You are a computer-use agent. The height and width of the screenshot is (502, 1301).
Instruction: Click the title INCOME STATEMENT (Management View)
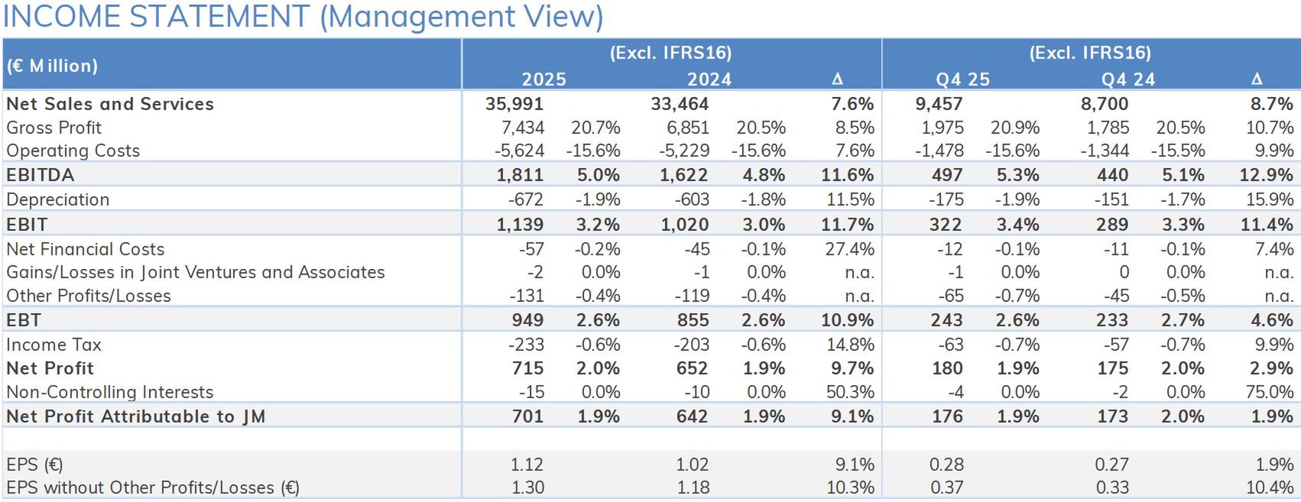[x=303, y=17]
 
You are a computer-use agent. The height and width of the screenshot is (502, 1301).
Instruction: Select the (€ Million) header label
[x=52, y=66]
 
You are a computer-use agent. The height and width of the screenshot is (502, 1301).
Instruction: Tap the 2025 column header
[x=543, y=79]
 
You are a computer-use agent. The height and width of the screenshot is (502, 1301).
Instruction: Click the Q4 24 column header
[x=1127, y=79]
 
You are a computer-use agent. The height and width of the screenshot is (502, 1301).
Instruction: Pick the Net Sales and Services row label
[x=110, y=104]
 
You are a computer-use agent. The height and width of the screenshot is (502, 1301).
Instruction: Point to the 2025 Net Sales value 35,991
[x=514, y=104]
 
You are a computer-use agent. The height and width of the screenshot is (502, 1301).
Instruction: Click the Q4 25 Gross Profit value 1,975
[x=942, y=128]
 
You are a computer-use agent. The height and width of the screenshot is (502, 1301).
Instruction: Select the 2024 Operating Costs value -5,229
[x=684, y=151]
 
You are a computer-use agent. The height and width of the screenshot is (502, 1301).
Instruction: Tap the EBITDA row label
[x=41, y=175]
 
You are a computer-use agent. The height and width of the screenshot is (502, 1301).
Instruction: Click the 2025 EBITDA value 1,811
[x=520, y=175]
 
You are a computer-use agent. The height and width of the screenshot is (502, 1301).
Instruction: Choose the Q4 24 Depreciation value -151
[x=1111, y=199]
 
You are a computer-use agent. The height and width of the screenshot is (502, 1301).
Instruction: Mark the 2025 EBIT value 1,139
[x=520, y=225]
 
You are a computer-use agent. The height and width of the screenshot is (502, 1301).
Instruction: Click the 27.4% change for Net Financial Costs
[x=849, y=249]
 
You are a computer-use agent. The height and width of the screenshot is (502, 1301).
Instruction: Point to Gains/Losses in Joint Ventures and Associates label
[x=196, y=272]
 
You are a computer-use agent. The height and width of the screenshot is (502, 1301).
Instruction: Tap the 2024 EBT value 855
[x=692, y=320]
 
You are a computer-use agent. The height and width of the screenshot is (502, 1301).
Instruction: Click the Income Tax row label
[x=54, y=345]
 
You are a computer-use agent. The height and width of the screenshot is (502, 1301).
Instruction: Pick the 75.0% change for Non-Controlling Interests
[x=1269, y=392]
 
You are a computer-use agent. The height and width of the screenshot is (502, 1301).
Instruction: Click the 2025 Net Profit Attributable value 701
[x=527, y=416]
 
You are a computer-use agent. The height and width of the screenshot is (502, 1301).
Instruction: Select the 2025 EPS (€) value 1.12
[x=527, y=465]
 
